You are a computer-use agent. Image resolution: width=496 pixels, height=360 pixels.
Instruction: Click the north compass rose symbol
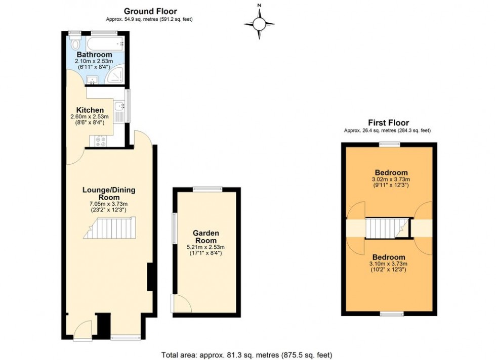[259, 23]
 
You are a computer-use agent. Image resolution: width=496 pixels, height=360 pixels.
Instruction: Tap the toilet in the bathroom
[75, 43]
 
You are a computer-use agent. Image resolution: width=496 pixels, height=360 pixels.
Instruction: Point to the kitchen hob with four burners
[98, 142]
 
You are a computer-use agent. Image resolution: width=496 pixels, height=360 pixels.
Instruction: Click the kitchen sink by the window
[119, 107]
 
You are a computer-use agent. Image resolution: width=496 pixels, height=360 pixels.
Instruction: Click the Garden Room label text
[206, 237]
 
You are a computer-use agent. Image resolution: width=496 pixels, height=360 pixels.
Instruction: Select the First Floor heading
[388, 122]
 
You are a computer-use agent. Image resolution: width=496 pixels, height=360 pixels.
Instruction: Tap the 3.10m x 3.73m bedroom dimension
[389, 264]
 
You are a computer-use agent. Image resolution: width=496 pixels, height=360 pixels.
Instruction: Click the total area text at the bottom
[246, 354]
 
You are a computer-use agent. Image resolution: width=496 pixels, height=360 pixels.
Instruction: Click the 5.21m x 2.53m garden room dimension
[205, 247]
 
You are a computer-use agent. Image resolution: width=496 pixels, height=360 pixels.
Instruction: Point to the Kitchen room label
[90, 110]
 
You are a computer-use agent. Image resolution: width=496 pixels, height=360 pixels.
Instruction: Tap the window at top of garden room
[207, 189]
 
